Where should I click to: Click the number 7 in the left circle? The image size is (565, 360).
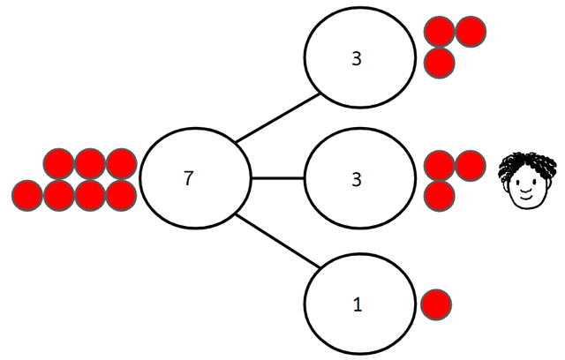click(x=187, y=177)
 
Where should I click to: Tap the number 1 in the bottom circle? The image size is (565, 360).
click(x=357, y=305)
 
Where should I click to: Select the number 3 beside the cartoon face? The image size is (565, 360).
click(x=357, y=179)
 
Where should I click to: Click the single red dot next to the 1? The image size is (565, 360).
click(x=436, y=304)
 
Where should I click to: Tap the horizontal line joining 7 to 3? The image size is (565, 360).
click(x=277, y=179)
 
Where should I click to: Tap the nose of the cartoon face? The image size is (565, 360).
click(x=526, y=189)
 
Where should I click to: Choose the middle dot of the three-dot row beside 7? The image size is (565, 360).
click(x=89, y=164)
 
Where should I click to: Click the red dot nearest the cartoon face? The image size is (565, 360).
click(x=470, y=165)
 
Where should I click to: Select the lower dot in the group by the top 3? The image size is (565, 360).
click(x=440, y=63)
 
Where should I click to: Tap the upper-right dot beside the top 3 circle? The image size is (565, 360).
click(x=471, y=32)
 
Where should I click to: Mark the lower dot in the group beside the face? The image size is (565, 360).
click(x=440, y=194)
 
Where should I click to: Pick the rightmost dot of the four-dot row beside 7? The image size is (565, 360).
click(x=120, y=194)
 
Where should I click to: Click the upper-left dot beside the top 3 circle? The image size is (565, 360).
click(x=440, y=32)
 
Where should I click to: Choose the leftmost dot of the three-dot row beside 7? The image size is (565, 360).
click(x=58, y=164)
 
